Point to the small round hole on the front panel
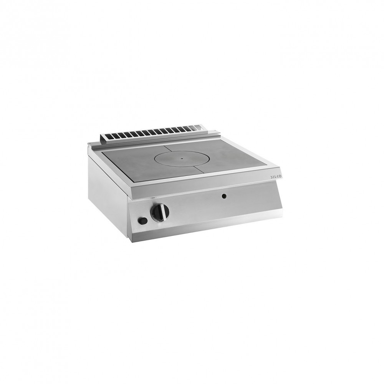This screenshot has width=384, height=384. pyautogui.click(x=223, y=196)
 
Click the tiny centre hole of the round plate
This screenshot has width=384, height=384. pyautogui.click(x=182, y=159)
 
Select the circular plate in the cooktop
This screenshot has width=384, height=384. pyautogui.click(x=182, y=159)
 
